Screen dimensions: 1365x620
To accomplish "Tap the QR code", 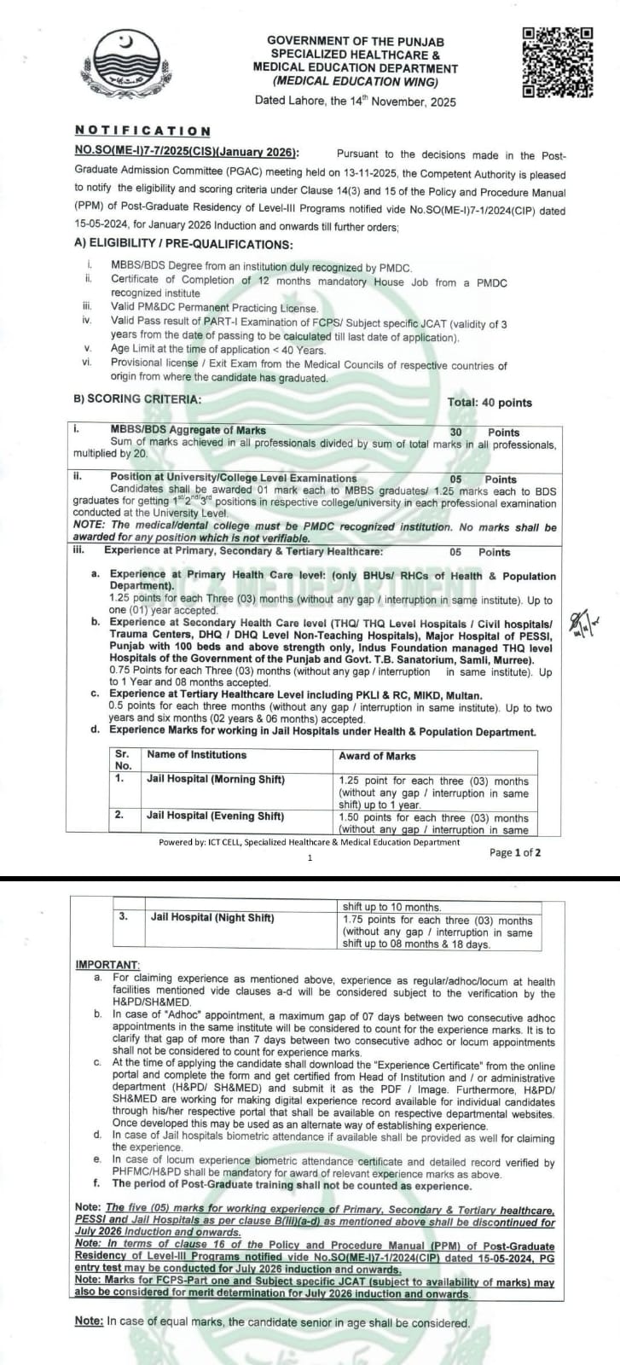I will pyautogui.click(x=557, y=62).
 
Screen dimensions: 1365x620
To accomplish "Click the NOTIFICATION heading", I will pyautogui.click(x=142, y=131).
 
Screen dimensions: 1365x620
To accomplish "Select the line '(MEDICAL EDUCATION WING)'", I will pyautogui.click(x=355, y=82).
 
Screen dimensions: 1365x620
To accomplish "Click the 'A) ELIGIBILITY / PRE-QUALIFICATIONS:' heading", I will pyautogui.click(x=183, y=244).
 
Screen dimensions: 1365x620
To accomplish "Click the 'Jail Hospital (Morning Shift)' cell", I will pyautogui.click(x=215, y=779).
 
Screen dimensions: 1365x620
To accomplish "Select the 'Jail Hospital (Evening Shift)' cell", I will pyautogui.click(x=215, y=816).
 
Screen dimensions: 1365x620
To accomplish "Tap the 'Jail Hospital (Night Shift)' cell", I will pyautogui.click(x=212, y=918).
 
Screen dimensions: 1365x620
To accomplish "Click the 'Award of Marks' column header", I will pyautogui.click(x=377, y=756).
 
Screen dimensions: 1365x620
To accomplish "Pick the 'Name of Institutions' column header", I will pyautogui.click(x=196, y=755).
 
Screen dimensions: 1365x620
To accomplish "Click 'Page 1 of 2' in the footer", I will pyautogui.click(x=514, y=852).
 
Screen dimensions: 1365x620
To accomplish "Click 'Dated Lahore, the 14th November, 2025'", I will pyautogui.click(x=355, y=102).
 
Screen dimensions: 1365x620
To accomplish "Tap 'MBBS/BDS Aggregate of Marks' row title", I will pyautogui.click(x=188, y=431).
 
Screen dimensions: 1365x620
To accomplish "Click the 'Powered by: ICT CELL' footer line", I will pyautogui.click(x=309, y=842).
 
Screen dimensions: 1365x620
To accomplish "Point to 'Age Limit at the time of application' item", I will pyautogui.click(x=217, y=350).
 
